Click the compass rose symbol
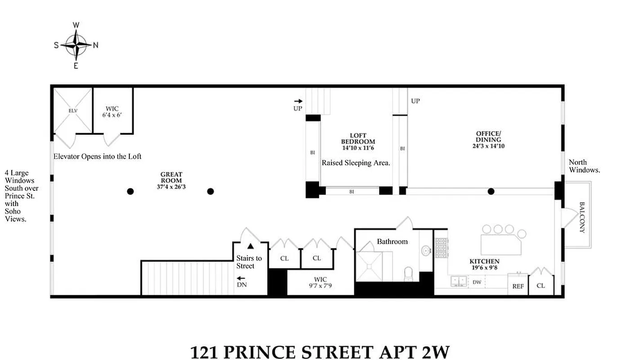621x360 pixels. (x=76, y=45)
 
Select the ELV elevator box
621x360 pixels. (x=73, y=109)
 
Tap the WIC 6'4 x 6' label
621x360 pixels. (x=112, y=112)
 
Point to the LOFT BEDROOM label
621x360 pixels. (x=358, y=139)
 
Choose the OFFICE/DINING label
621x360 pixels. (x=488, y=139)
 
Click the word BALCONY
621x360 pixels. (x=581, y=217)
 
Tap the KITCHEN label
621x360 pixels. (x=484, y=264)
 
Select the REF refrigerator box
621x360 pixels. (x=518, y=286)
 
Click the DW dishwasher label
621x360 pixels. (x=477, y=282)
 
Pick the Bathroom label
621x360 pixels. (x=392, y=242)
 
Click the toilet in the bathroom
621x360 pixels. (x=409, y=274)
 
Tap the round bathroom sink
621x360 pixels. (x=425, y=250)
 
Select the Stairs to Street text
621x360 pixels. (x=249, y=262)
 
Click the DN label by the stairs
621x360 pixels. (x=241, y=284)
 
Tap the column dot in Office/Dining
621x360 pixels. (x=491, y=191)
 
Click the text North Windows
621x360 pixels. (x=584, y=166)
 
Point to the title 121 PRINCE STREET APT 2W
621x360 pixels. (x=320, y=351)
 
